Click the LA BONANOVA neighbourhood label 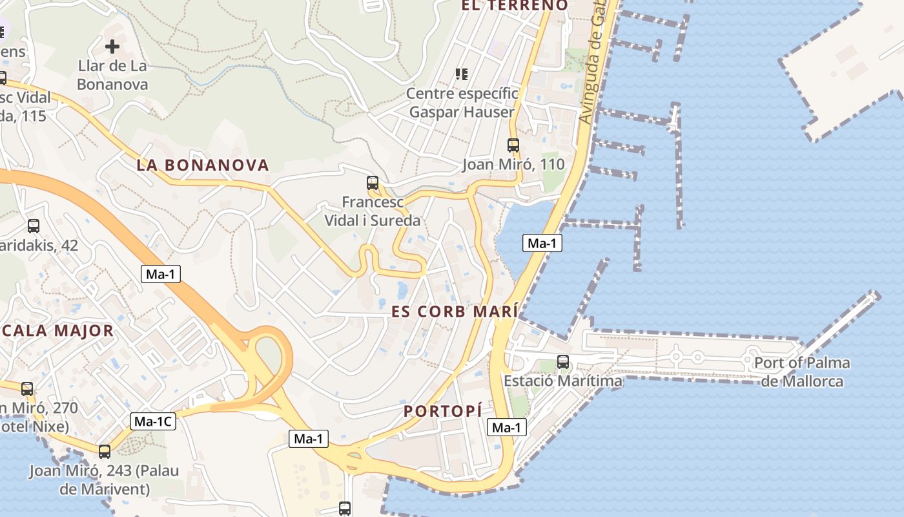pyautogui.click(x=202, y=165)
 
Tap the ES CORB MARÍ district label pyautogui.click(x=455, y=311)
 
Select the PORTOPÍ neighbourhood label pyautogui.click(x=443, y=410)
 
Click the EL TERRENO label pyautogui.click(x=514, y=6)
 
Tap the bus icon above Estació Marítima pyautogui.click(x=563, y=362)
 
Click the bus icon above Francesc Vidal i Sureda pyautogui.click(x=373, y=183)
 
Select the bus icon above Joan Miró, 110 pyautogui.click(x=513, y=145)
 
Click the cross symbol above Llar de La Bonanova pyautogui.click(x=112, y=47)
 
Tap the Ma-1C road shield pyautogui.click(x=152, y=421)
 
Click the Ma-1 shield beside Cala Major pyautogui.click(x=161, y=274)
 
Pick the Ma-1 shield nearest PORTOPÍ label pyautogui.click(x=506, y=427)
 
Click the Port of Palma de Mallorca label pyautogui.click(x=802, y=372)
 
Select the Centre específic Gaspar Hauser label pyautogui.click(x=462, y=103)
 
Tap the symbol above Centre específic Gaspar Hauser pyautogui.click(x=462, y=74)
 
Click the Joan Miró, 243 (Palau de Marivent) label pyautogui.click(x=103, y=480)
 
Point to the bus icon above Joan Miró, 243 pyautogui.click(x=105, y=451)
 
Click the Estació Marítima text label pyautogui.click(x=563, y=381)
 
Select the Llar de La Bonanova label pyautogui.click(x=112, y=75)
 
